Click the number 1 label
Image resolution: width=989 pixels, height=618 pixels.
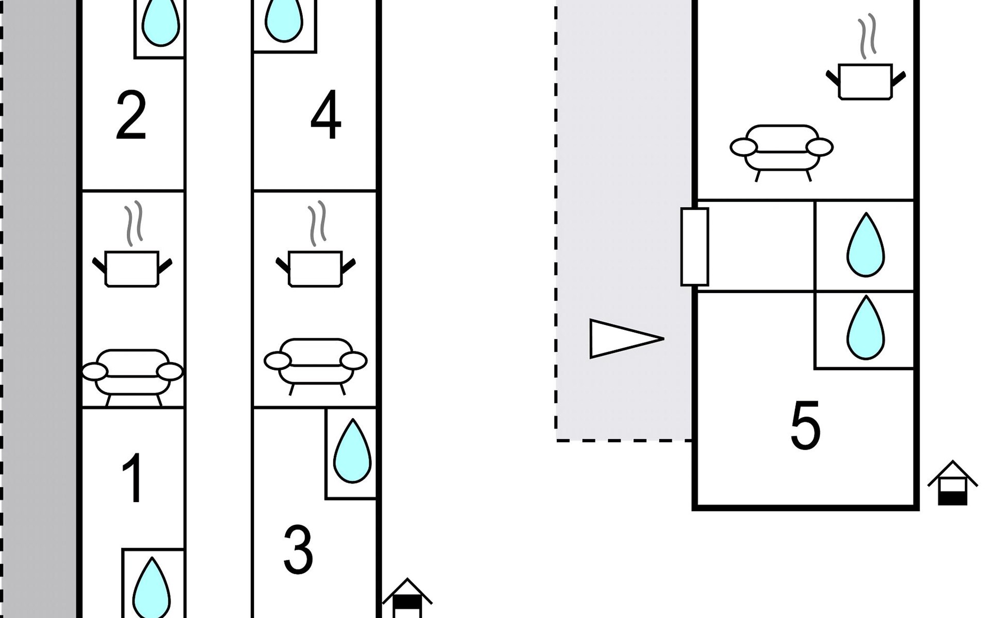(x=133, y=478)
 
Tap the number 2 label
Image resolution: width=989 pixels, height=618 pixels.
(x=131, y=115)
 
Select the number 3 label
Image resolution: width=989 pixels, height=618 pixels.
(x=298, y=549)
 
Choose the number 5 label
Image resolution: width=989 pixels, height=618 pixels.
(x=805, y=425)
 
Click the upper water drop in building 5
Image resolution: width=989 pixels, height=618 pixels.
(x=865, y=245)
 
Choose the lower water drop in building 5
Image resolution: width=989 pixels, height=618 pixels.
(x=865, y=327)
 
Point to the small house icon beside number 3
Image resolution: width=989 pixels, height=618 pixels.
(x=407, y=598)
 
